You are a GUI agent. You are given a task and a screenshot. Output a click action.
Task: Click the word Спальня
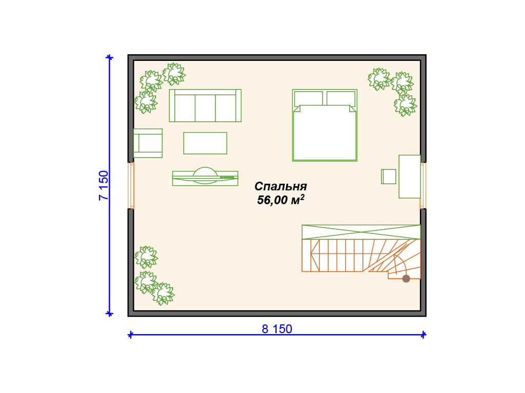point(280,186)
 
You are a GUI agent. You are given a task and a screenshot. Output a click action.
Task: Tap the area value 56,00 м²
point(280,200)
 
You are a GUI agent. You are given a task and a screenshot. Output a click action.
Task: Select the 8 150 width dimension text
point(277,329)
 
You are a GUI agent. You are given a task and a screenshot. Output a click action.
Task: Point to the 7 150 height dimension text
point(104,185)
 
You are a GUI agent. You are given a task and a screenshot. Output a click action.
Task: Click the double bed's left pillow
point(308,99)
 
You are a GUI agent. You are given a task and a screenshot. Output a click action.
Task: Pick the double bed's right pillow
point(341,99)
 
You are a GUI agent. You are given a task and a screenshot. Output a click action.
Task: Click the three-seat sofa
point(205,105)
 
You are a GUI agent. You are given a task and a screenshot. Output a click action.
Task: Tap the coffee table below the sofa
point(205,143)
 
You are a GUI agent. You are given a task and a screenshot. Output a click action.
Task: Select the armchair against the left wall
point(148,143)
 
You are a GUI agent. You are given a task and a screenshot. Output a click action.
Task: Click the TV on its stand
point(205,177)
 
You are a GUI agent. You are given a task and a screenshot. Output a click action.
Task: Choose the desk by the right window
point(410,177)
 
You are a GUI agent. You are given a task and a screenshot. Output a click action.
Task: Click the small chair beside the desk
point(389,177)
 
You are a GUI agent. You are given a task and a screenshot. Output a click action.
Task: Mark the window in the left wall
point(131,185)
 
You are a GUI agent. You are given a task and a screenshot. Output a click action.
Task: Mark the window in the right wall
point(423,185)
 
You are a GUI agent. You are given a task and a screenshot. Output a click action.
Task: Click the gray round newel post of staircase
point(406,278)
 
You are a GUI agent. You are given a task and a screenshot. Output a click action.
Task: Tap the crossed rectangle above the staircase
point(361,232)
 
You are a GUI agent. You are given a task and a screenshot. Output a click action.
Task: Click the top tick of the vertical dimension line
point(109,57)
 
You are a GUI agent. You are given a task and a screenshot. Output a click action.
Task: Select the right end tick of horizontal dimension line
point(423,335)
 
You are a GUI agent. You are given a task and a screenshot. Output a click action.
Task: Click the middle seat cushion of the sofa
point(205,108)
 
